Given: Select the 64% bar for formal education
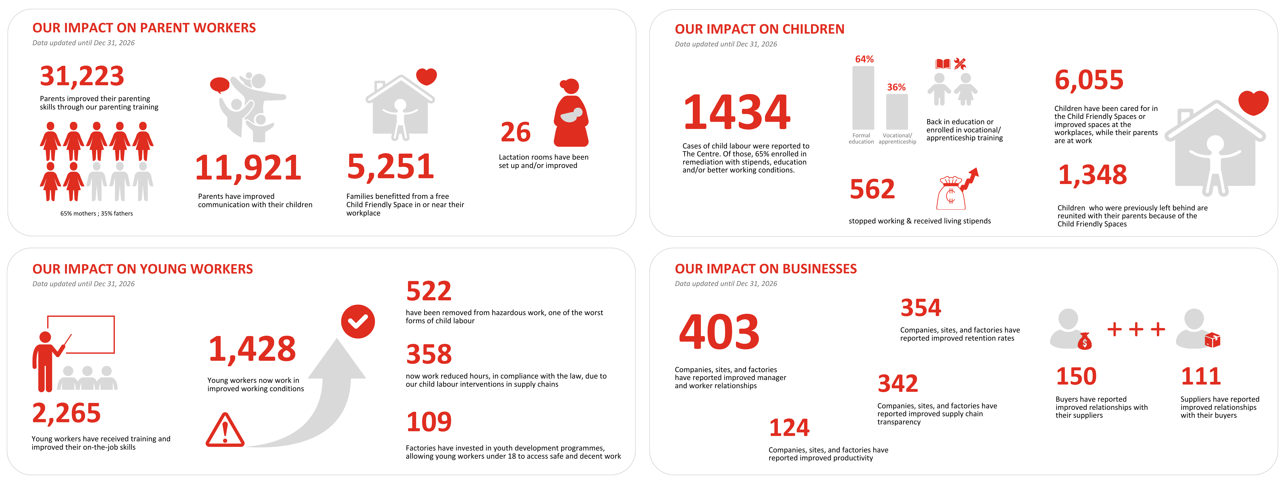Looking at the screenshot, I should tap(863, 98).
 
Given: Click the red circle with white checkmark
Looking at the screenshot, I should tap(358, 321).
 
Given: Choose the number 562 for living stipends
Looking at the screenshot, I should tap(872, 189).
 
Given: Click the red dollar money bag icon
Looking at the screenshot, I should tap(1085, 342).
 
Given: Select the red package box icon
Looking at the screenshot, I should tap(1212, 340).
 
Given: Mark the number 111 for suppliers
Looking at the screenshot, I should tap(1201, 376).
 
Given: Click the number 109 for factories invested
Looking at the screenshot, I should tap(429, 422).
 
